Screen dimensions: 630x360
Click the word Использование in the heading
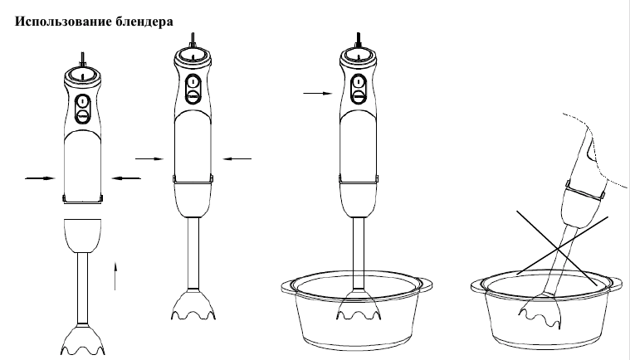click(63, 22)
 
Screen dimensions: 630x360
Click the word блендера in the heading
click(144, 22)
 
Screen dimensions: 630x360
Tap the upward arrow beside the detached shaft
click(115, 275)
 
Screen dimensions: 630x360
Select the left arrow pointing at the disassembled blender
click(40, 178)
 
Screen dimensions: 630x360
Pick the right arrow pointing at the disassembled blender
click(126, 178)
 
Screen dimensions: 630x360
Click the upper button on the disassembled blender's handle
click(82, 100)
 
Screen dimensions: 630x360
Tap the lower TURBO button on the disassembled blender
click(82, 116)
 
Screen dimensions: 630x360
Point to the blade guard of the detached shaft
click(83, 340)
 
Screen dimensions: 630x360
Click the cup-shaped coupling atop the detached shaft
click(83, 236)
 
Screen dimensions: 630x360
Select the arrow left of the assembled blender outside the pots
click(149, 159)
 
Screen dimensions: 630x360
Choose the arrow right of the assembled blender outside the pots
click(237, 159)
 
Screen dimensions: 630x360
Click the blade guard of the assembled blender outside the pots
click(193, 304)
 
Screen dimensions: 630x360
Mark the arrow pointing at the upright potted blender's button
click(318, 94)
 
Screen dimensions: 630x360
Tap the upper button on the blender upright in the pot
click(359, 82)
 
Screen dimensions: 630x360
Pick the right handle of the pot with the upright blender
click(425, 285)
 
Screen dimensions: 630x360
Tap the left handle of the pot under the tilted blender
click(478, 286)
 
